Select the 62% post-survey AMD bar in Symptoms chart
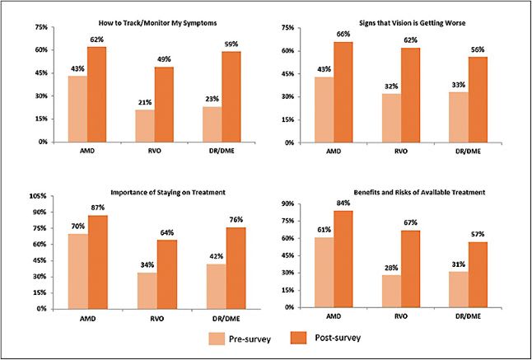(97, 94)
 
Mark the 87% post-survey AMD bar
(97, 262)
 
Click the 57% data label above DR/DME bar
(478, 234)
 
